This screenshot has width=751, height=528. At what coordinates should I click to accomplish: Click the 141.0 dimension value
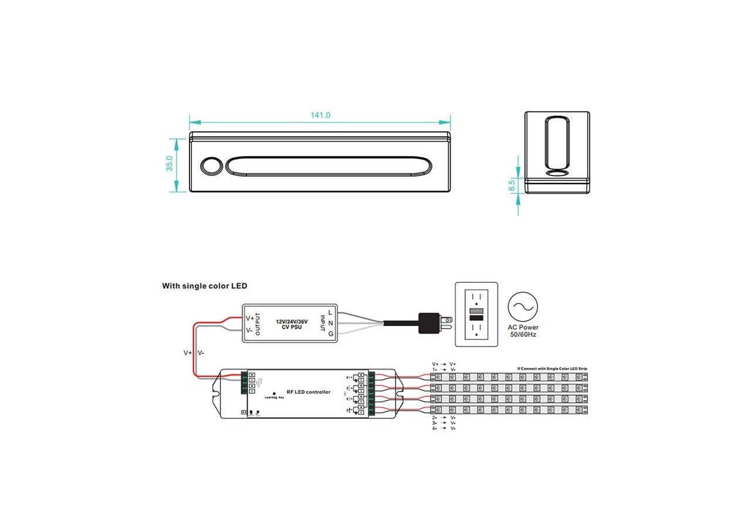click(x=320, y=116)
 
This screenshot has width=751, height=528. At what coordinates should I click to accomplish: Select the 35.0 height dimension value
click(x=170, y=164)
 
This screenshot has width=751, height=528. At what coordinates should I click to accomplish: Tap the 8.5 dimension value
click(x=512, y=186)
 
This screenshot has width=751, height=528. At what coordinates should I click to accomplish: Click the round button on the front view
click(x=211, y=165)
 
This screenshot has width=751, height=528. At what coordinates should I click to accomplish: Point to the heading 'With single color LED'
click(x=205, y=286)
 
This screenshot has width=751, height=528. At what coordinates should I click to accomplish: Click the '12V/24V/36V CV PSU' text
click(x=292, y=325)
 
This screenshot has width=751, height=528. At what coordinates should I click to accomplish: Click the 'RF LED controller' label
click(x=307, y=392)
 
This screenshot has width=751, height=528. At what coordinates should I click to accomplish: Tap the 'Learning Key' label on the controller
click(x=275, y=398)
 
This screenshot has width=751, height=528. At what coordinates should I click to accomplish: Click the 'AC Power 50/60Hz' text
click(x=523, y=331)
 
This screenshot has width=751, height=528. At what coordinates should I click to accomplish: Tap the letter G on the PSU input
click(x=331, y=334)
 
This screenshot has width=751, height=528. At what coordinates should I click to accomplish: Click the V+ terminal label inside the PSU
click(x=249, y=318)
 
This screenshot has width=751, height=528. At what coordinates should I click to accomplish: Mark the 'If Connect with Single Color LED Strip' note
click(x=552, y=368)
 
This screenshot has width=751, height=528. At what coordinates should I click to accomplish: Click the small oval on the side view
click(x=557, y=174)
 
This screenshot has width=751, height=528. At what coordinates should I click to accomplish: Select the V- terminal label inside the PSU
click(x=249, y=330)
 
